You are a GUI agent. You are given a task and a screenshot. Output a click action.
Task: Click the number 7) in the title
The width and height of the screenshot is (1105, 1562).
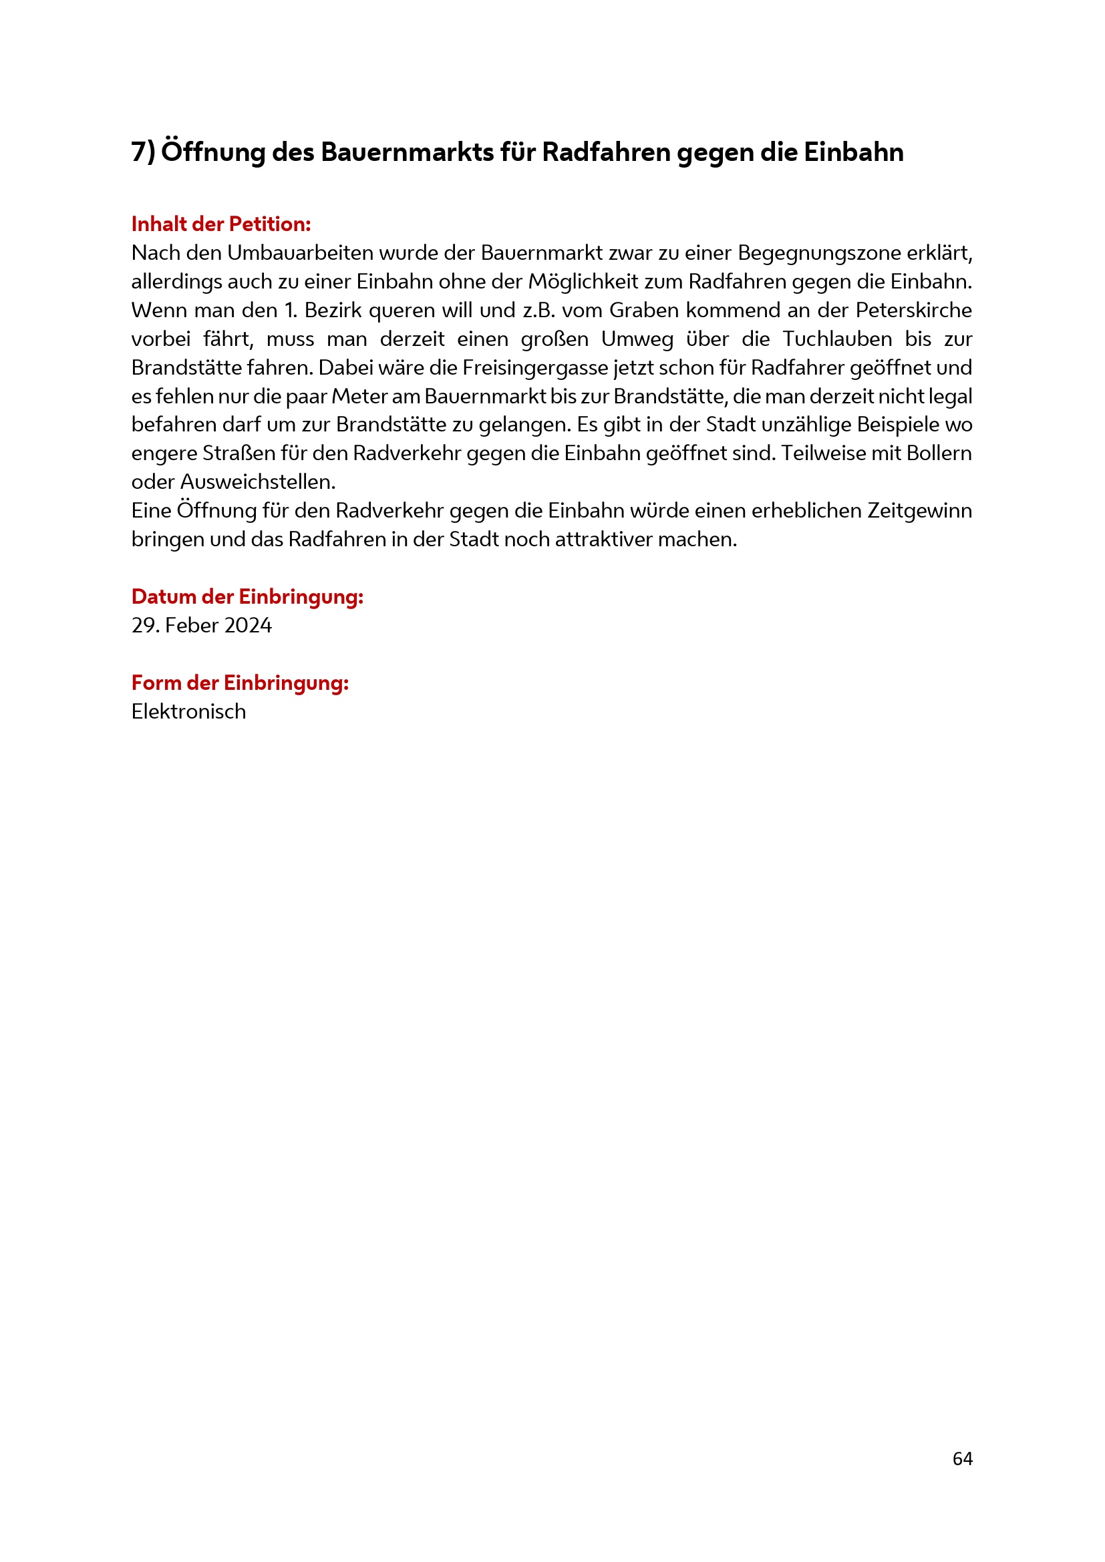(x=143, y=152)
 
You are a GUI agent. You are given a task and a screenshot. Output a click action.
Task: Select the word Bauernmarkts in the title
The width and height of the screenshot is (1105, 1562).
(x=407, y=152)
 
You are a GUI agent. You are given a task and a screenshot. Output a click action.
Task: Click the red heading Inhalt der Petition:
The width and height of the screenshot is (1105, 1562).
(x=220, y=224)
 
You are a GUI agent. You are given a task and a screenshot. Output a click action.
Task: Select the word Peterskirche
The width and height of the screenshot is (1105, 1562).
(x=913, y=311)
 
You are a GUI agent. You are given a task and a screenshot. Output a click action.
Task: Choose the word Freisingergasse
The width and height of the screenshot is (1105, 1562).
(x=535, y=367)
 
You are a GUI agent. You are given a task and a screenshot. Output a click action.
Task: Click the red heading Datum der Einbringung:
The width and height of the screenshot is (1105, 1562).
(x=247, y=596)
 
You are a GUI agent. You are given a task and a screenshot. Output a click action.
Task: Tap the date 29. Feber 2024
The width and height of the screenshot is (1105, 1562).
(x=201, y=625)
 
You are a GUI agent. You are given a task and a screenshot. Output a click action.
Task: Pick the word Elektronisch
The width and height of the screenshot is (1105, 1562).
(x=188, y=712)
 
